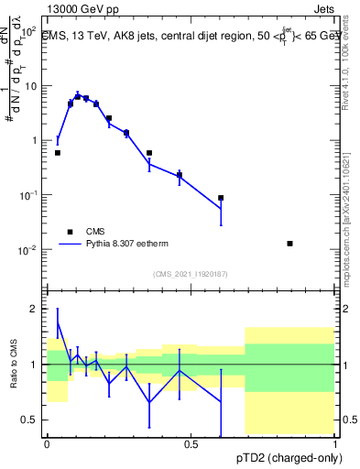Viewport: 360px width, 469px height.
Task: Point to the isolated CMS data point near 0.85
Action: (290, 244)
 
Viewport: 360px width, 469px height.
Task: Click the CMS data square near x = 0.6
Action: (221, 198)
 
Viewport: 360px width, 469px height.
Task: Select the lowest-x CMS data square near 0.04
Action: (58, 153)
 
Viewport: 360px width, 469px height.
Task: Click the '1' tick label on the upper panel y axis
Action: (34, 140)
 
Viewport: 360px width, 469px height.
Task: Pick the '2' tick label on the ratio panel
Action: (36, 310)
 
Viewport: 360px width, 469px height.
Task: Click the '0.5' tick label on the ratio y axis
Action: (30, 420)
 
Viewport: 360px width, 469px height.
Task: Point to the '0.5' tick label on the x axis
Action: (191, 444)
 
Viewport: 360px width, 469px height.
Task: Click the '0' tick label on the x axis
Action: (47, 444)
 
